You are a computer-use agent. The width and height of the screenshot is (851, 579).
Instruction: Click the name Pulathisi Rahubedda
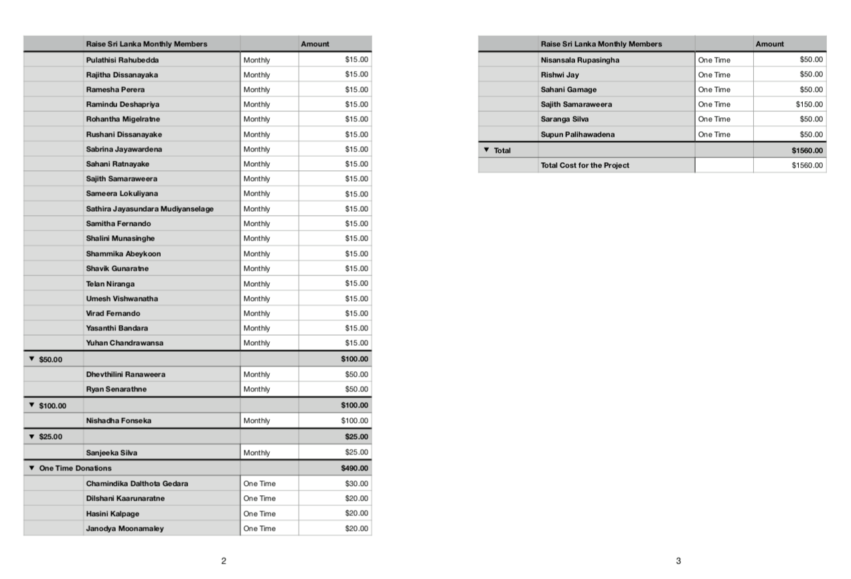point(122,60)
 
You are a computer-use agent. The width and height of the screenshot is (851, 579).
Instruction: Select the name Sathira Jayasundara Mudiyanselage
point(149,208)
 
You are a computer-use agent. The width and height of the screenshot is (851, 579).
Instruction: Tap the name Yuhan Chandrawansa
point(125,343)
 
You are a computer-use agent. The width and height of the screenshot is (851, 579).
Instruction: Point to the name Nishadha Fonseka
point(119,421)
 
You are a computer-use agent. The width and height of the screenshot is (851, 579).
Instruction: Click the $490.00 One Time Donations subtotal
point(354,468)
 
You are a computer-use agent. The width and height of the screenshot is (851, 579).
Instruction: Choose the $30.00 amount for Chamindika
point(356,483)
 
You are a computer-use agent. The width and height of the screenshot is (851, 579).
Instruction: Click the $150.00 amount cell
point(809,105)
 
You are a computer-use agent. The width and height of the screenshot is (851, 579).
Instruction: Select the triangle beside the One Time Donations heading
point(31,468)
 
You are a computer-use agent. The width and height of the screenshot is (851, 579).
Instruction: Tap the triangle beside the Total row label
point(486,150)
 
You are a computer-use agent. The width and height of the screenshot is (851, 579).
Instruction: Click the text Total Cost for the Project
point(585,166)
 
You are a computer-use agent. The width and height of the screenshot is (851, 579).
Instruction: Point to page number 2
point(224,561)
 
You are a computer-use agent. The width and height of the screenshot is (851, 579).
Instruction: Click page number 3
point(678,561)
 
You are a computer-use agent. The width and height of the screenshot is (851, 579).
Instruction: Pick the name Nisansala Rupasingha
point(580,60)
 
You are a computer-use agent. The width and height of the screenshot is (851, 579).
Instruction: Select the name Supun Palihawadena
point(577,134)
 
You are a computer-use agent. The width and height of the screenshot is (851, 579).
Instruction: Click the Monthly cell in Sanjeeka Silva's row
point(257,453)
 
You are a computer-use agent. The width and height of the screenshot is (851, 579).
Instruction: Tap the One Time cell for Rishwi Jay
point(714,75)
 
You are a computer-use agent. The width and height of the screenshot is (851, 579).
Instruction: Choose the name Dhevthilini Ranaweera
point(125,374)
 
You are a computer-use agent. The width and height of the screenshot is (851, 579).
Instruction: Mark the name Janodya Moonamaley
point(125,528)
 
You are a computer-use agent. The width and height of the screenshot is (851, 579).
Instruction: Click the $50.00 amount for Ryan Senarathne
point(356,389)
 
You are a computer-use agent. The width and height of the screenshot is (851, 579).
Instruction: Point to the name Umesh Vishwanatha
point(122,298)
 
